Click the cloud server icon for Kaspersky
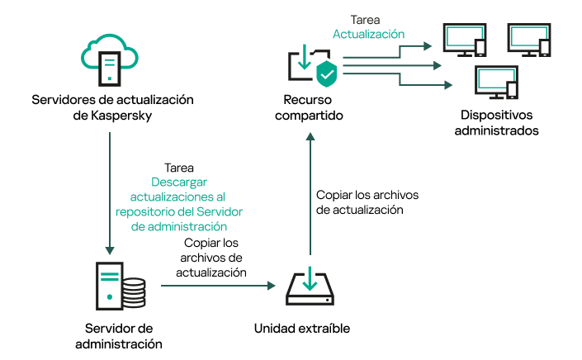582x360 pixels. tap(111, 58)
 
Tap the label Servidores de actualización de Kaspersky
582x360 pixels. tap(112, 107)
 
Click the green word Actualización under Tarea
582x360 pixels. tap(368, 35)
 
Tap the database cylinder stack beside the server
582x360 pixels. tap(132, 291)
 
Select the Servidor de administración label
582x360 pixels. tap(118, 335)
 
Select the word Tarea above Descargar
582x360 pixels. tap(180, 167)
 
